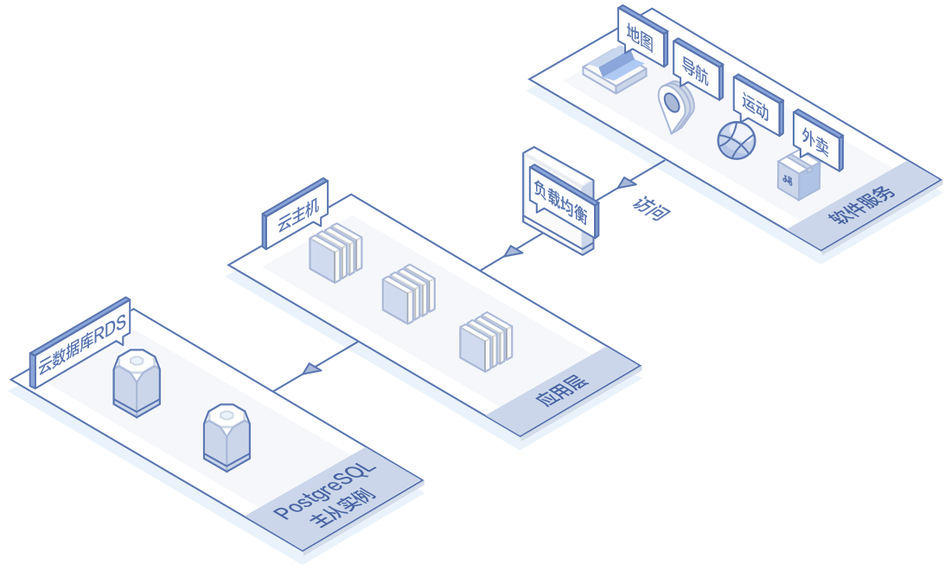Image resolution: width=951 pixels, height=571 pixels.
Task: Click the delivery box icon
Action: (x=797, y=176)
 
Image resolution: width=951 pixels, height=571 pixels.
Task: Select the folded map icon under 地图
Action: (x=615, y=70)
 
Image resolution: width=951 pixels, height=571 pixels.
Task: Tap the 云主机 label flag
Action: (x=297, y=212)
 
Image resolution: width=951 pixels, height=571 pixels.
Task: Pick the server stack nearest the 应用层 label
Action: (x=485, y=341)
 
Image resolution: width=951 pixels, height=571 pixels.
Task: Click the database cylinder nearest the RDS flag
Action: (x=137, y=380)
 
